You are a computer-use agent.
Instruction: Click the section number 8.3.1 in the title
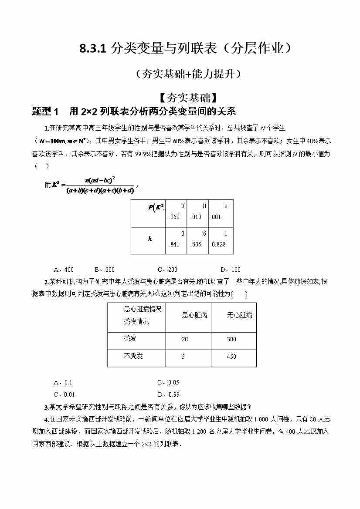(93, 48)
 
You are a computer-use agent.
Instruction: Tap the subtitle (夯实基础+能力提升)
(188, 74)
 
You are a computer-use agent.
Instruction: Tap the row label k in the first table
(150, 239)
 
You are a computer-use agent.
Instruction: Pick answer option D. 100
(231, 270)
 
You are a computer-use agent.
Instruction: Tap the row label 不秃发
(133, 356)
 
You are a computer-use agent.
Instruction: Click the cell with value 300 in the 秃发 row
(231, 339)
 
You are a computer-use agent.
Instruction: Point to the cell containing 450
(231, 357)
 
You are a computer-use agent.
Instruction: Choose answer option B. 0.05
(168, 382)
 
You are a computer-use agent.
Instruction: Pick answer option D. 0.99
(168, 394)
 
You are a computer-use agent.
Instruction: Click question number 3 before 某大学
(46, 408)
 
